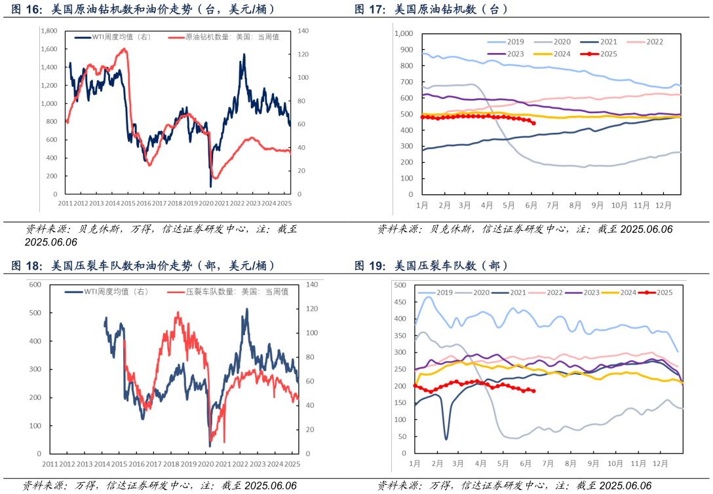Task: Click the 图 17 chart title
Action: (x=431, y=10)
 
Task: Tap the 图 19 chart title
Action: (x=431, y=266)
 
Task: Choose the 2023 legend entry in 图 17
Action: (x=506, y=54)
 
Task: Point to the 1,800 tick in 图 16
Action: (x=48, y=31)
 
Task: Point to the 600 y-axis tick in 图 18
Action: (x=35, y=285)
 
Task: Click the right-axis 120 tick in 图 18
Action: (x=311, y=309)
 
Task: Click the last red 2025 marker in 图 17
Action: (x=533, y=123)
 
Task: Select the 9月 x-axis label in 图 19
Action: (x=594, y=463)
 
